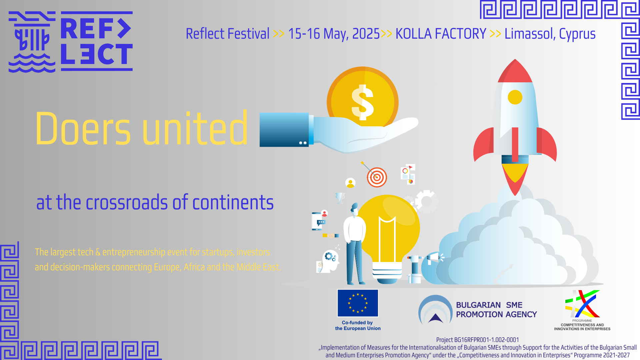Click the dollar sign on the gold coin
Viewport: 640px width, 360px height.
pos(363,102)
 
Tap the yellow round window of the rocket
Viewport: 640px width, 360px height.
pos(515,97)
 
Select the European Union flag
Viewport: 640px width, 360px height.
pos(358,303)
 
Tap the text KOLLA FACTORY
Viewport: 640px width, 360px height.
pos(441,34)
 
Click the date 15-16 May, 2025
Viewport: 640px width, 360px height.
pos(334,34)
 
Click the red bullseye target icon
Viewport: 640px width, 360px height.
pos(377,177)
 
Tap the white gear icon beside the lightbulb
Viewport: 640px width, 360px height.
pos(426,201)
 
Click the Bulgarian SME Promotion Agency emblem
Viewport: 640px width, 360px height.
pos(435,310)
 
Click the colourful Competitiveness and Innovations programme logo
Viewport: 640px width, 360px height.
pos(582,304)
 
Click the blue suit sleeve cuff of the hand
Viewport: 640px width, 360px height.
pos(284,130)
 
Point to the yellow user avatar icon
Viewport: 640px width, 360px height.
pos(350,183)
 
